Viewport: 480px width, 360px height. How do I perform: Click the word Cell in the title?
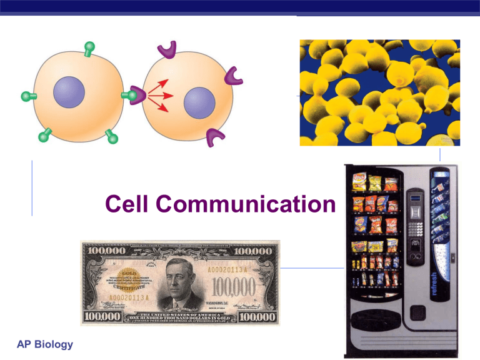click(127, 204)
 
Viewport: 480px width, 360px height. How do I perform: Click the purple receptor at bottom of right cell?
click(216, 137)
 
